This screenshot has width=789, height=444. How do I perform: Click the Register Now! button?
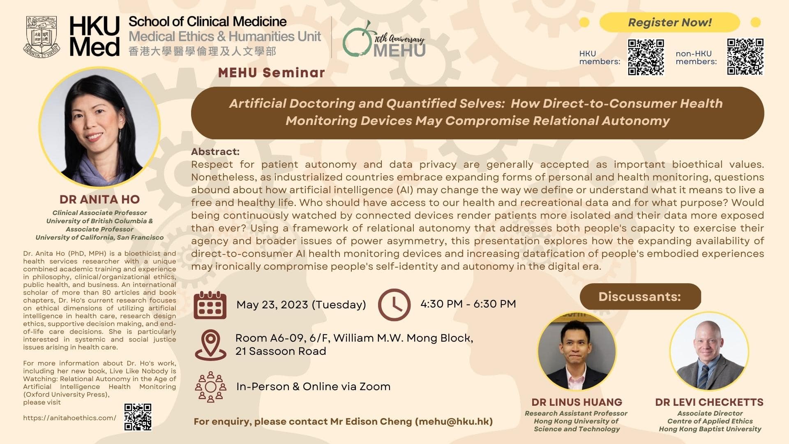coord(669,22)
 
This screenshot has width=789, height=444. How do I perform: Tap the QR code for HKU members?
coord(646,57)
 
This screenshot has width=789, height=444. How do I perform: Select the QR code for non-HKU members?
coord(745,57)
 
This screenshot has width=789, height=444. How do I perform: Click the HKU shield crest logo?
coord(42,36)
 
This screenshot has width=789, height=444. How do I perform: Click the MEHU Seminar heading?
coord(272,73)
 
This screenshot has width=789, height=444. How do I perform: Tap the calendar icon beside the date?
coord(210,305)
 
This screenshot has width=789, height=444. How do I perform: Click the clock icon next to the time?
coord(394,305)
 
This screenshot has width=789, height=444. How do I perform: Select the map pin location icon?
coord(210,345)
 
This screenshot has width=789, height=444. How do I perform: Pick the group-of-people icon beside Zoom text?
coord(210,387)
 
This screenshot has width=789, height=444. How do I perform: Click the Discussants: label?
coord(640,296)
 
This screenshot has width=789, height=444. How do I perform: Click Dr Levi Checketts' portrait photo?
coord(709,351)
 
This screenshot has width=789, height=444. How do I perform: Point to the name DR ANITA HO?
coord(99,199)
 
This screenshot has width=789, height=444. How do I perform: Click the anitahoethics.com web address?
coord(70,418)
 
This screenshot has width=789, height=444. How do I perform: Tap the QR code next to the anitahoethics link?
coord(138,417)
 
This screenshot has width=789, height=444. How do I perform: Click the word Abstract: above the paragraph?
coord(215,152)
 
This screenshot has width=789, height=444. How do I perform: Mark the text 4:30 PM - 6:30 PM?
coord(468,304)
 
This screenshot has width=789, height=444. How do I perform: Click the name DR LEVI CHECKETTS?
coord(709,402)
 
